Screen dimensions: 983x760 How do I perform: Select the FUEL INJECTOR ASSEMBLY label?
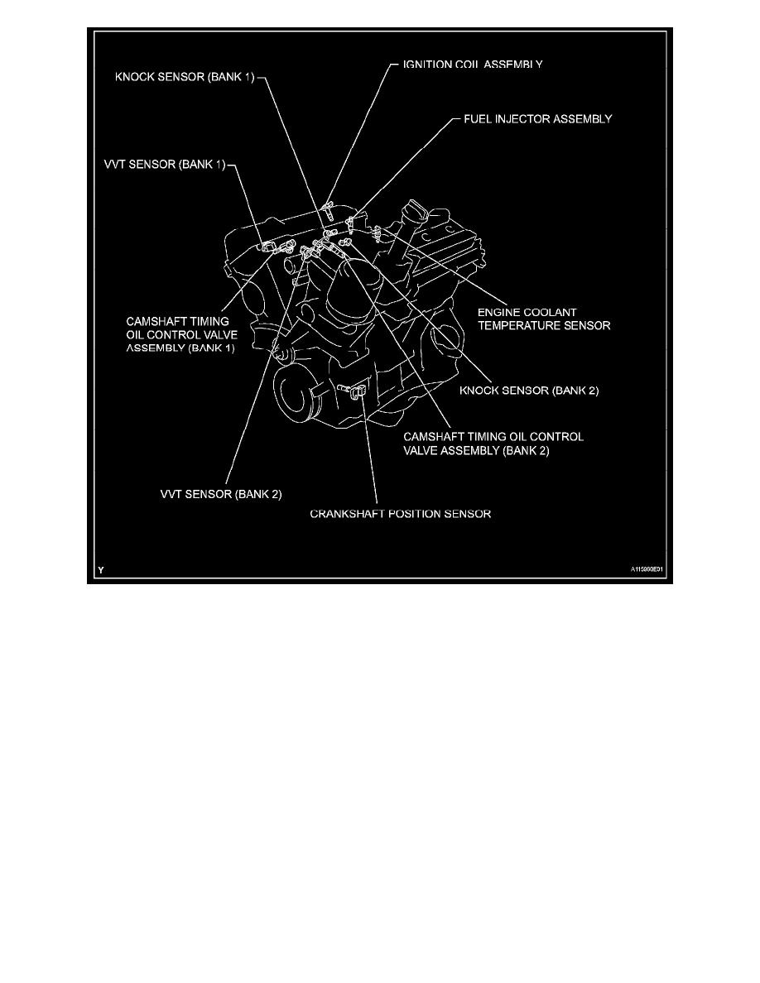(536, 118)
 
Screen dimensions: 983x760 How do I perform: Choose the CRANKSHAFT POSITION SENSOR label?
(401, 514)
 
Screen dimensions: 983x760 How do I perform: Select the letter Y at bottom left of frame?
(99, 570)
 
